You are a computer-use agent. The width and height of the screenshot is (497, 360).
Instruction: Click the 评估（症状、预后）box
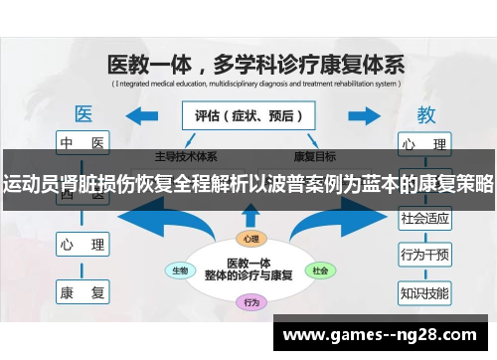coord(248,115)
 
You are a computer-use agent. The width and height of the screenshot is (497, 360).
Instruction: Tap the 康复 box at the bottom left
coord(83,292)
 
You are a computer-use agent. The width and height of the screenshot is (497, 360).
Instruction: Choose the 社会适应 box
coord(424,216)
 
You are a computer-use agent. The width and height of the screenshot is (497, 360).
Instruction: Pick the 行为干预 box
coord(424,255)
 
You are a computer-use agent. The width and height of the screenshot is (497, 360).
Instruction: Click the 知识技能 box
coord(424,292)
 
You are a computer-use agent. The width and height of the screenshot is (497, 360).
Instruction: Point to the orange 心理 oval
coord(248,239)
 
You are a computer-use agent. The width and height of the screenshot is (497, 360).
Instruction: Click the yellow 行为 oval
coord(251,301)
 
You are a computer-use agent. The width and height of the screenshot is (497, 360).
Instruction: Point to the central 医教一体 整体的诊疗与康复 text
coord(248,269)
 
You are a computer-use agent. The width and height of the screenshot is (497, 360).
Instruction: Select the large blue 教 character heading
coord(425,113)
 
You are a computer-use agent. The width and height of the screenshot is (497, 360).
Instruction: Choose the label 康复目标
coord(314,156)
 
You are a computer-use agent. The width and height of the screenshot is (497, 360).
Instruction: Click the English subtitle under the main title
coord(253,84)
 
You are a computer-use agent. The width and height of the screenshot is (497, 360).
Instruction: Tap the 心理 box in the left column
coord(83,243)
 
